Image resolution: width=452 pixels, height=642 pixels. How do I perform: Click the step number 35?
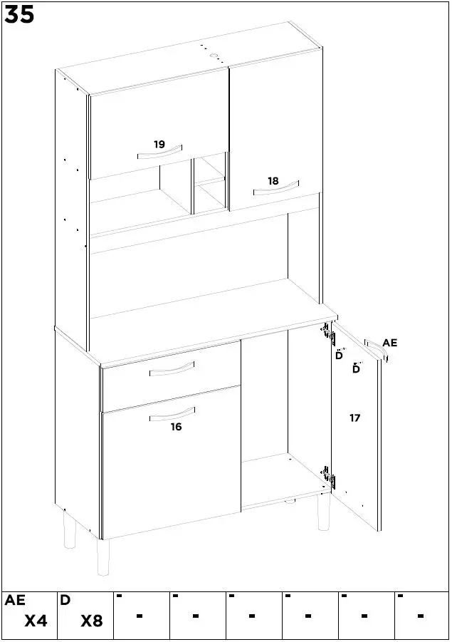(x=19, y=14)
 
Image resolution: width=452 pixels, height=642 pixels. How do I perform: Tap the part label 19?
(x=159, y=145)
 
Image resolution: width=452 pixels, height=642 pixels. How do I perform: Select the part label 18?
(x=273, y=181)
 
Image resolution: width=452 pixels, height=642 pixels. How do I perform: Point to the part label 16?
(x=176, y=427)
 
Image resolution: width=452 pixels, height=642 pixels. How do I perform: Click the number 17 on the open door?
(x=354, y=418)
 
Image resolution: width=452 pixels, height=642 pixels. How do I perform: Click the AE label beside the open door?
(x=389, y=343)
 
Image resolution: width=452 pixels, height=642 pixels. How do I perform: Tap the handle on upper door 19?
(x=160, y=153)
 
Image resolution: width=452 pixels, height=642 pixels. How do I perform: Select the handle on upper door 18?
(x=275, y=189)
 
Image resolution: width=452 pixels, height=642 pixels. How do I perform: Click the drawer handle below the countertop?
(x=172, y=369)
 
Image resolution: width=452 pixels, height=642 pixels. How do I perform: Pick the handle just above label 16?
(x=172, y=414)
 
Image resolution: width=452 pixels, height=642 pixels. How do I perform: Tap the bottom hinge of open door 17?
(x=328, y=478)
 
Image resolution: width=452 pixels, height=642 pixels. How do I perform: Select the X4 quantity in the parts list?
(x=36, y=621)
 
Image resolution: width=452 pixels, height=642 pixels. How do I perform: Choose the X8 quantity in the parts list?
(x=91, y=621)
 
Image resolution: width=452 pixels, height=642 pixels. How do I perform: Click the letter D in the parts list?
(x=65, y=601)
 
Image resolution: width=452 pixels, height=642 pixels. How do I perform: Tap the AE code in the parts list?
(x=15, y=601)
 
